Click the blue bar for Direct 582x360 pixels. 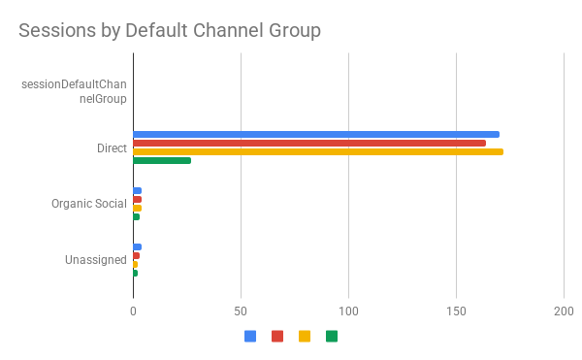tap(316, 134)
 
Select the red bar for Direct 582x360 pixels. tap(309, 143)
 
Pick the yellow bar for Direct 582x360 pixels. tap(318, 151)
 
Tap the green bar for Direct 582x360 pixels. tap(162, 160)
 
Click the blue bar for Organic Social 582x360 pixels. tap(138, 190)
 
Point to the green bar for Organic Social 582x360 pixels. tap(137, 216)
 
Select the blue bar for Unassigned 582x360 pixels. tap(138, 246)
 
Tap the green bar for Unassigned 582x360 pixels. tap(136, 273)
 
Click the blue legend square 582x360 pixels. tap(250, 337)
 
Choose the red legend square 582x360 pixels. tap(277, 337)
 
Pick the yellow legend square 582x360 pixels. tap(305, 337)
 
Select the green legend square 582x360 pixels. tap(332, 337)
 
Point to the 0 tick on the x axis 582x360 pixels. tap(133, 311)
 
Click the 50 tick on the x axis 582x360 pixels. tap(241, 311)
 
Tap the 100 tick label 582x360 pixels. tap(348, 311)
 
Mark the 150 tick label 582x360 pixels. tap(456, 311)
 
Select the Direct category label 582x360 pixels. tap(112, 147)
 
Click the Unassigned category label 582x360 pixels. tap(96, 260)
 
